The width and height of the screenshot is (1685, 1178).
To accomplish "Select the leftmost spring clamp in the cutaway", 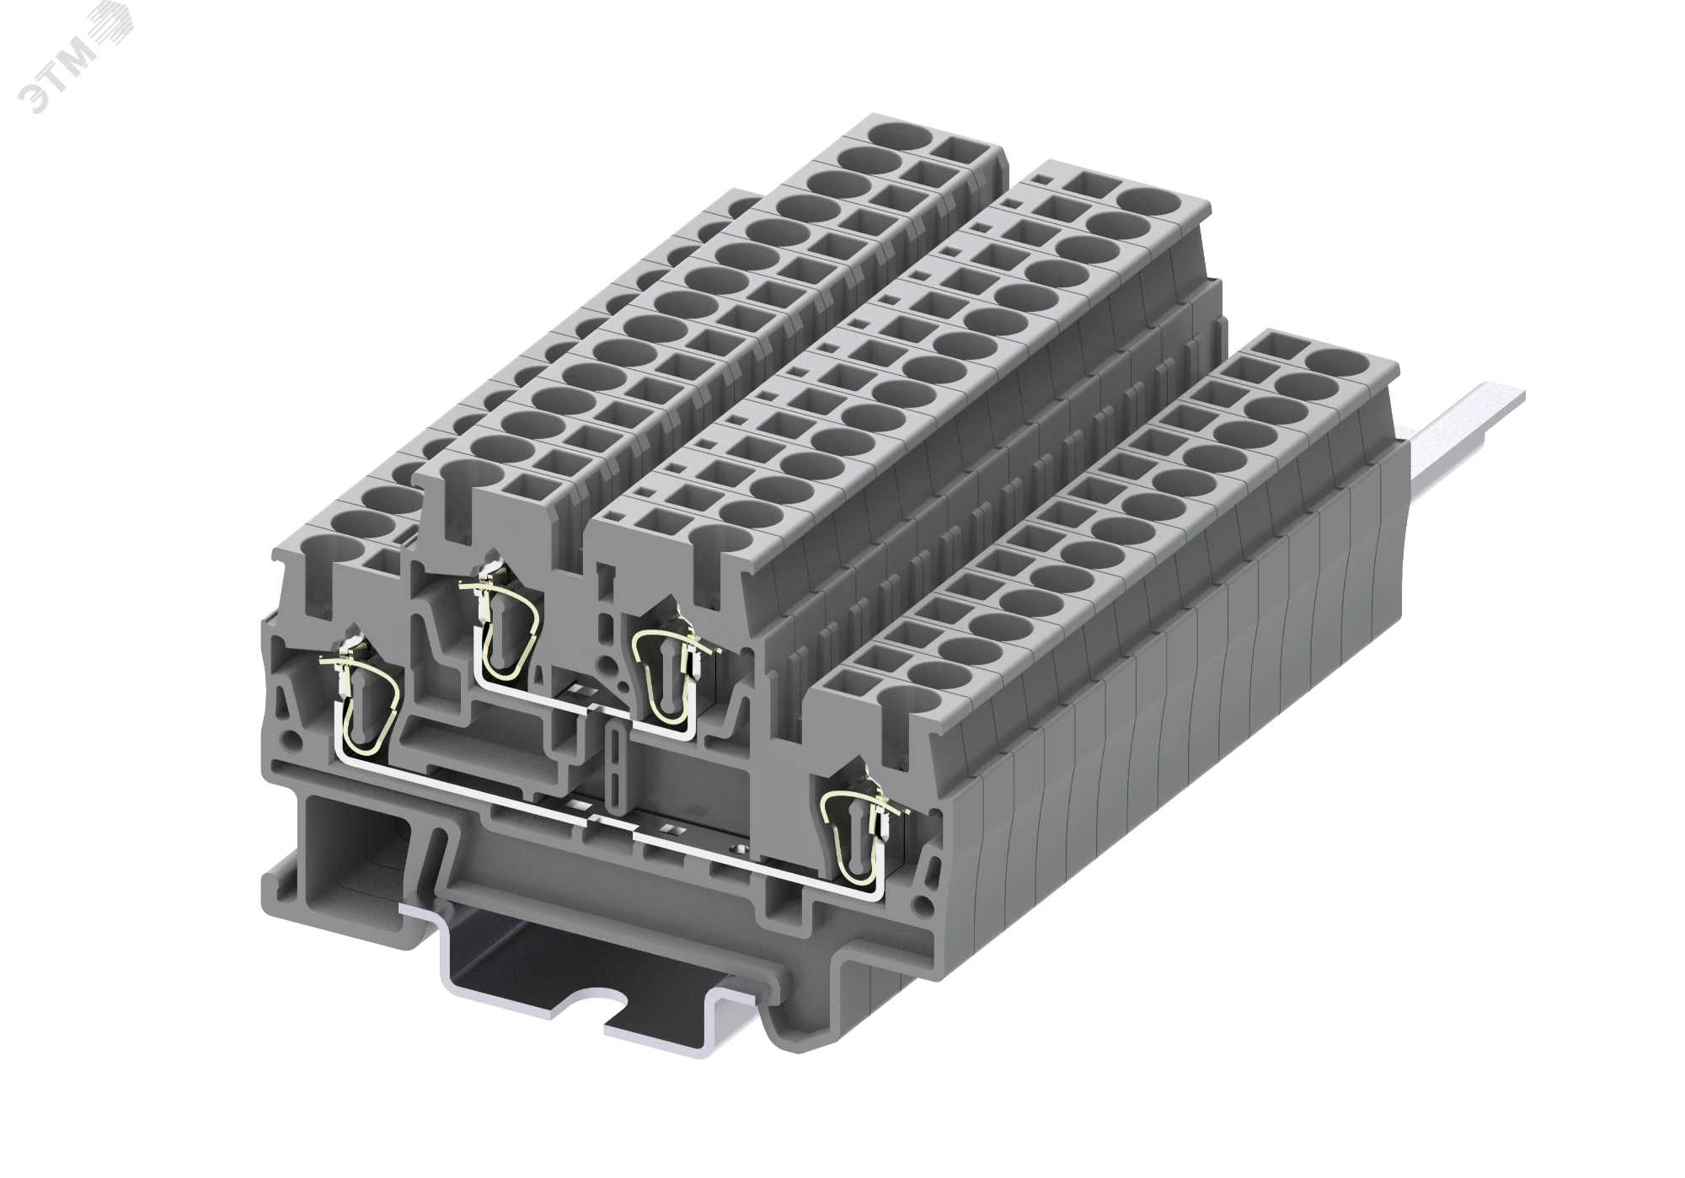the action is tap(361, 699).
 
